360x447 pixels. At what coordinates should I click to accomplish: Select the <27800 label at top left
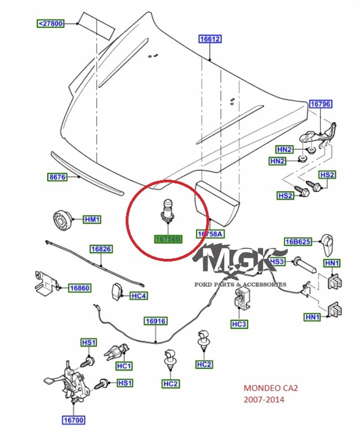pos(50,24)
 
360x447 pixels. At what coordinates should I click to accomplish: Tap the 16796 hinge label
pos(320,104)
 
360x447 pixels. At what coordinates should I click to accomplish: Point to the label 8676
pos(57,177)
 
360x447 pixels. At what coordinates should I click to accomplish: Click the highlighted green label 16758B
pos(167,238)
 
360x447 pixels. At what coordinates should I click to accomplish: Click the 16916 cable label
pos(156,321)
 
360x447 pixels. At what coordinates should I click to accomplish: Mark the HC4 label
pos(138,296)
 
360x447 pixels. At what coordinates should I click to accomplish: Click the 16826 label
pos(101,249)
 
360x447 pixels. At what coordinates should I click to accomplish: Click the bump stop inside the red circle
pos(167,210)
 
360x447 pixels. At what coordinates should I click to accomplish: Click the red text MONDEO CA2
pos(271,389)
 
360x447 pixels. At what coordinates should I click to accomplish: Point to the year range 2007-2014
pos(264,400)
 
